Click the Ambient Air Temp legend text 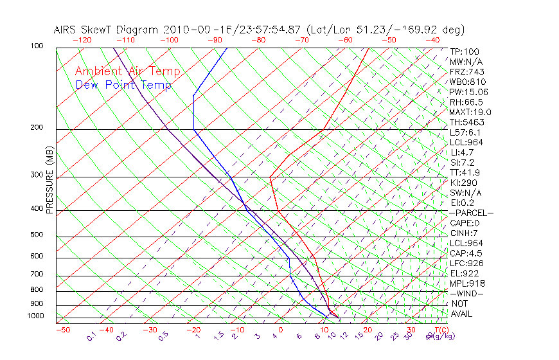[x=127, y=71]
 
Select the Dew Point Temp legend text [x=123, y=85]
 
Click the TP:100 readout [x=465, y=51]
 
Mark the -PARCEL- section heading [x=472, y=213]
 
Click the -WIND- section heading [x=467, y=293]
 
